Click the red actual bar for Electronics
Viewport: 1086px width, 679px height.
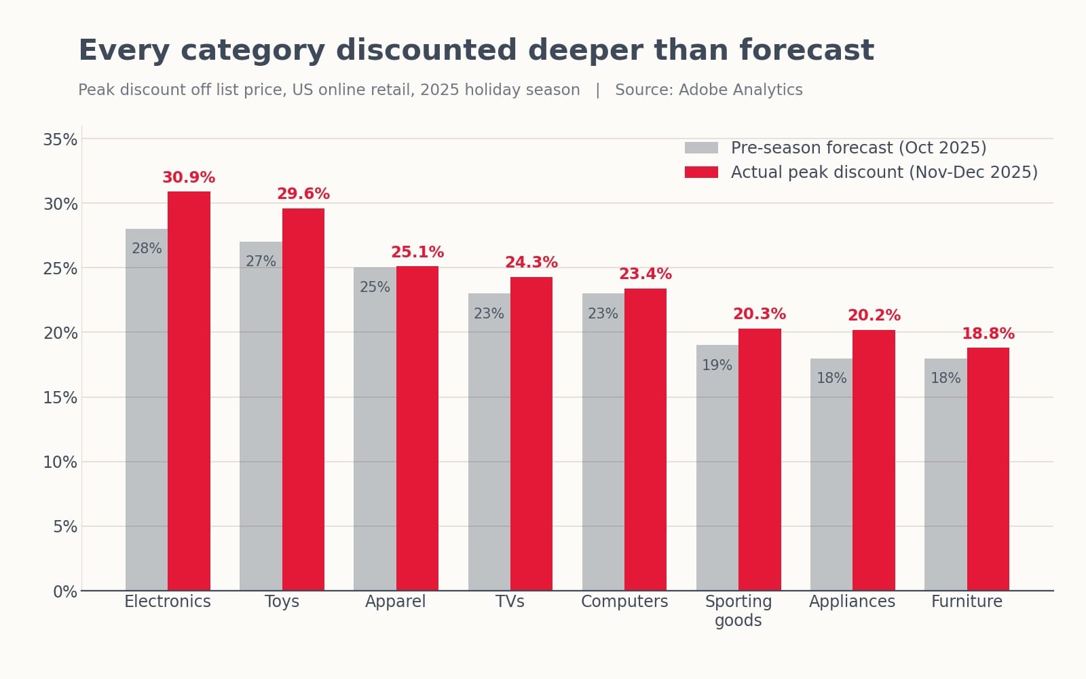tap(189, 391)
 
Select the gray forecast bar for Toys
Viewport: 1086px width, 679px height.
tap(261, 416)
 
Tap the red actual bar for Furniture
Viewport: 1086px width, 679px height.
tap(988, 469)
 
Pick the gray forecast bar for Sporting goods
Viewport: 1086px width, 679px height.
tap(717, 468)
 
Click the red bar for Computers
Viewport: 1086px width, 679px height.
tap(645, 439)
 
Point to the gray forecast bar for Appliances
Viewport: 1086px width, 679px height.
tap(831, 475)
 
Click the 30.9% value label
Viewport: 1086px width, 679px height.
tap(189, 177)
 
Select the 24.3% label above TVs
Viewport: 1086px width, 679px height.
tap(531, 262)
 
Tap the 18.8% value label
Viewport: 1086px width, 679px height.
tap(988, 333)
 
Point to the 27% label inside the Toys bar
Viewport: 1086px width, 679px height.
tap(261, 261)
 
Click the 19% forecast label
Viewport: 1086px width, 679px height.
tap(717, 365)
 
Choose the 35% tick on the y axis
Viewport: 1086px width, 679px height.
tap(60, 140)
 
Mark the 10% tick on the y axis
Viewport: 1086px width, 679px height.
tap(60, 462)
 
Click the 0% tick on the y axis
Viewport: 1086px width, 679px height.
tap(65, 591)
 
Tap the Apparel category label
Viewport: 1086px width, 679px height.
tap(396, 602)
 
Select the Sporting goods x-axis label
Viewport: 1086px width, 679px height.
tap(738, 611)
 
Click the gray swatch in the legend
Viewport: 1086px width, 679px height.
tap(701, 148)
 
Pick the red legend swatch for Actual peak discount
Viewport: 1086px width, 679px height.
tap(701, 172)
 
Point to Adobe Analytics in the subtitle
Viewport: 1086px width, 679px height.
tap(741, 90)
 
